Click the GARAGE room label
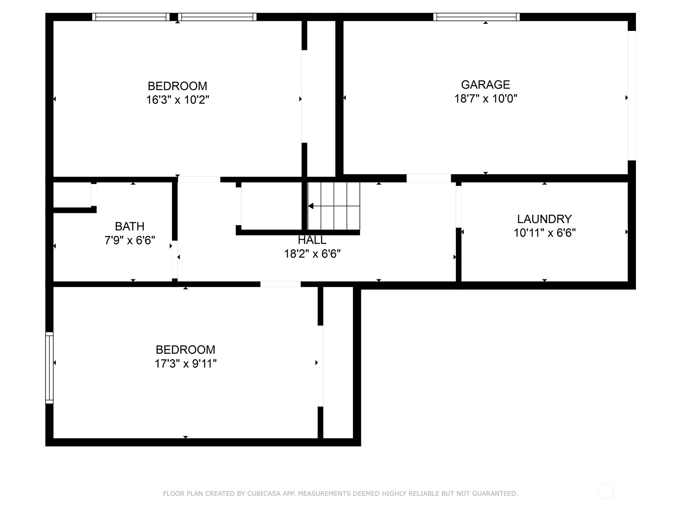(x=485, y=84)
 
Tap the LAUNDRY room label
(x=544, y=219)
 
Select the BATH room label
(x=130, y=227)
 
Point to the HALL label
(x=312, y=240)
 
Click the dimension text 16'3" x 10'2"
(x=177, y=100)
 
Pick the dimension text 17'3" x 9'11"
(x=186, y=363)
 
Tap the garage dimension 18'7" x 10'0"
(x=486, y=98)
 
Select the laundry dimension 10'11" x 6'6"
(x=544, y=233)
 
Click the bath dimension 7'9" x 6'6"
(x=130, y=240)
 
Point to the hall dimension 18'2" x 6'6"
(x=312, y=254)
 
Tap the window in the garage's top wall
(x=476, y=17)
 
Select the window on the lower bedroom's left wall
(x=49, y=367)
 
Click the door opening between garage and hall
(x=429, y=178)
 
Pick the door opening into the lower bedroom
(x=280, y=284)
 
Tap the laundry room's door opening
(x=458, y=207)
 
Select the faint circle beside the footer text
(x=605, y=491)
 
